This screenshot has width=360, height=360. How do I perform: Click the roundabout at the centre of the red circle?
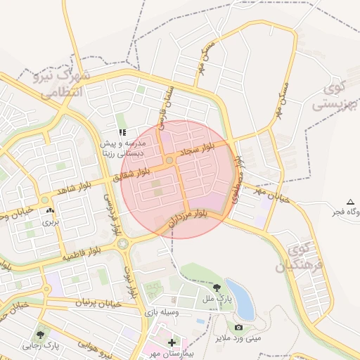[x=170, y=162]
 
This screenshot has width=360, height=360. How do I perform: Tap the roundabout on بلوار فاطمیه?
[x=124, y=244]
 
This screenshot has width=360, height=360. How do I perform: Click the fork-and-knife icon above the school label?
[x=122, y=131]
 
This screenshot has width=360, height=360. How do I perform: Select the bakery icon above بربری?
[x=49, y=210]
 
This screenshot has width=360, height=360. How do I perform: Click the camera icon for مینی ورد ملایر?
[x=238, y=327]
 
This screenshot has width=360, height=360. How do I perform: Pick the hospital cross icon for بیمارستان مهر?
[x=172, y=342]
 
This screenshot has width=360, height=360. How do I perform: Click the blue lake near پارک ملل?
[x=240, y=299]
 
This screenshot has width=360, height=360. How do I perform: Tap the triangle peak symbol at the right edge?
[x=351, y=202]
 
